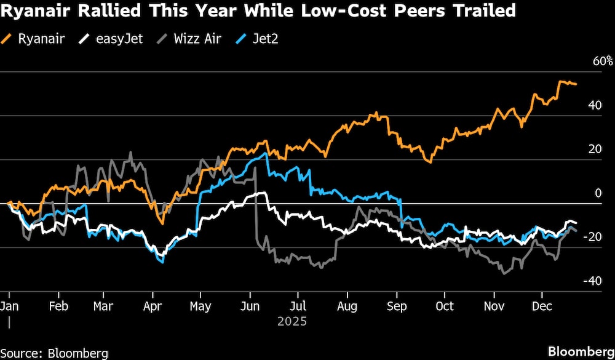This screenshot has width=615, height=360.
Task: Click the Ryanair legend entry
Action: pyautogui.click(x=35, y=39)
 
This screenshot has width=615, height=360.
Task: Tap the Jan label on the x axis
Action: pyautogui.click(x=9, y=306)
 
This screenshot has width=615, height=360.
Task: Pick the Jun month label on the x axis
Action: pyautogui.click(x=249, y=306)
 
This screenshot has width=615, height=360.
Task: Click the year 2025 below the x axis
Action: pyautogui.click(x=292, y=321)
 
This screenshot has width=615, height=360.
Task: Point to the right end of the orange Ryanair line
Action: pyautogui.click(x=576, y=84)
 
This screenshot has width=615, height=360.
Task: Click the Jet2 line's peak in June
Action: pyautogui.click(x=265, y=153)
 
